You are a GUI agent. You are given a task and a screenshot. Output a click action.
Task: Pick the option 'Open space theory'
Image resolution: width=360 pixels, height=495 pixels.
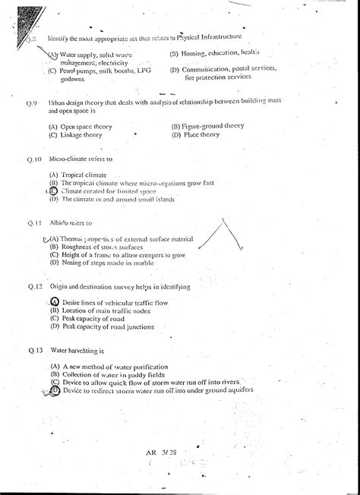(84, 126)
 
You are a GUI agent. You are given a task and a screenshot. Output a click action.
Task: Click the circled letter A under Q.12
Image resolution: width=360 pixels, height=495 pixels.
(54, 302)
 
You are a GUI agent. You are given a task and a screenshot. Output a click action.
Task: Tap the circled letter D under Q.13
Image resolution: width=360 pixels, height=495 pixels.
(55, 390)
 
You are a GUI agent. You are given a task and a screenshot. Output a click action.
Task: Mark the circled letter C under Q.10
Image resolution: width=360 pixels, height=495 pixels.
(53, 191)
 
